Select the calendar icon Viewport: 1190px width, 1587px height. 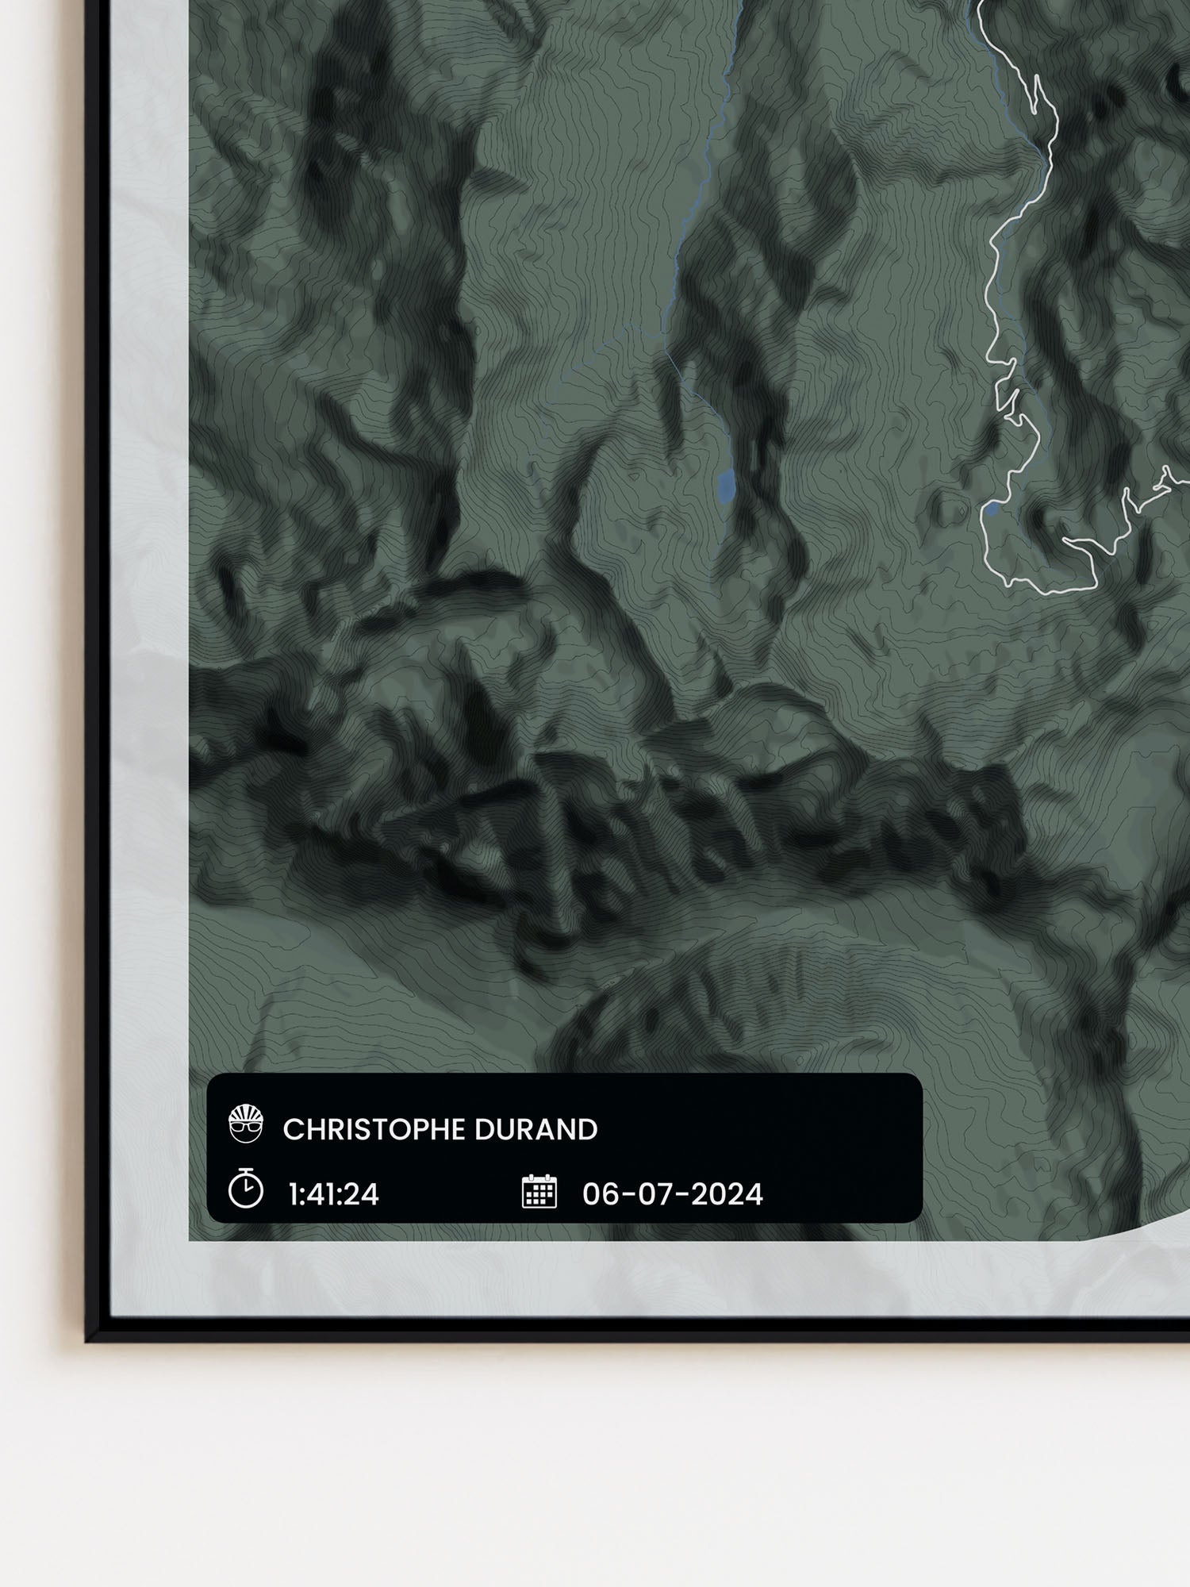coord(539,1192)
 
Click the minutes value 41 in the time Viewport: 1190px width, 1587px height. coord(321,1194)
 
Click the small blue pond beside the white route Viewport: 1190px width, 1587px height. coord(992,509)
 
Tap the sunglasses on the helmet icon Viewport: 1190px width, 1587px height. coord(245,1128)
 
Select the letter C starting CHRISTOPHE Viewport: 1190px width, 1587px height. coord(291,1130)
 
